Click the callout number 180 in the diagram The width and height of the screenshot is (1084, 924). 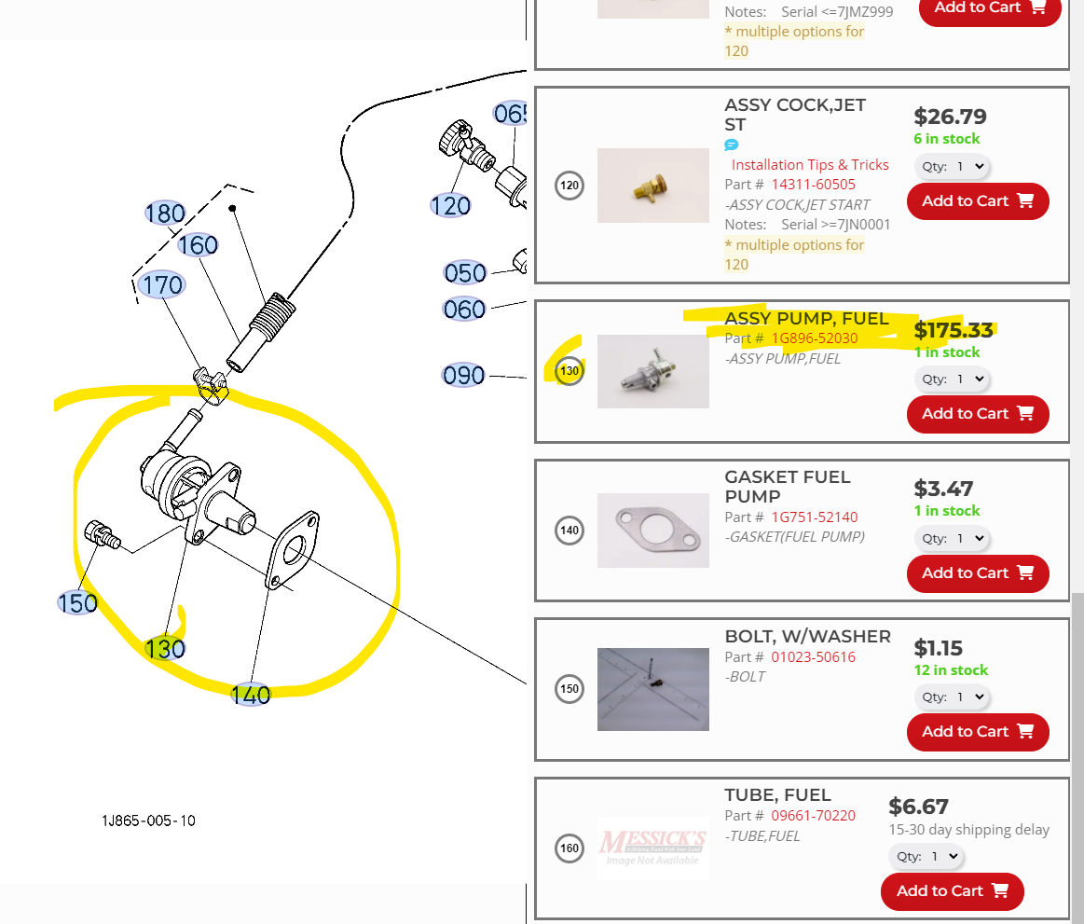[165, 214]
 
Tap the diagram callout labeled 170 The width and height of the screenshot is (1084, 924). [160, 284]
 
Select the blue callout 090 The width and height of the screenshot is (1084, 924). [463, 376]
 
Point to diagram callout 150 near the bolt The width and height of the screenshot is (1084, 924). [77, 603]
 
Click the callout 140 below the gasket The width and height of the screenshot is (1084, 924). [251, 695]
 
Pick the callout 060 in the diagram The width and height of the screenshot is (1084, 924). [464, 309]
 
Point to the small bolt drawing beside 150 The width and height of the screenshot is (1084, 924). [101, 535]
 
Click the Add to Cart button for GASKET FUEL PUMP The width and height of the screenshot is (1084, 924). [977, 573]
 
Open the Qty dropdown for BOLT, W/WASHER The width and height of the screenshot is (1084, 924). [951, 697]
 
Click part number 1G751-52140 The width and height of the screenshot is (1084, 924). [814, 517]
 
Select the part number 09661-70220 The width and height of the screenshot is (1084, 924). [813, 816]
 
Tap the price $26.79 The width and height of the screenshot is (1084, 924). [949, 117]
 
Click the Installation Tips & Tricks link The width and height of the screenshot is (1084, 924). [809, 165]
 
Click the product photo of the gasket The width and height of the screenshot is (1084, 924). [652, 531]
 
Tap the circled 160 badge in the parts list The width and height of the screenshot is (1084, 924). [569, 848]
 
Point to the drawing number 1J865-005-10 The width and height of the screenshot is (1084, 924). [149, 821]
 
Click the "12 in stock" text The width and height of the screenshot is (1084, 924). [950, 670]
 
